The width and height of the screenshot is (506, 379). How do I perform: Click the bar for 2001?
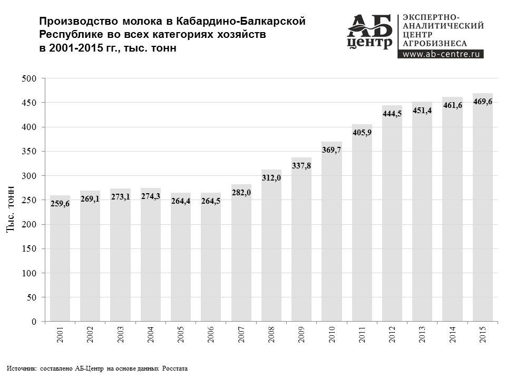point(60,258)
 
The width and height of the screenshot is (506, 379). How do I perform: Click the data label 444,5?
point(392,113)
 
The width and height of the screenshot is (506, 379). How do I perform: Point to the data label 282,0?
point(241,193)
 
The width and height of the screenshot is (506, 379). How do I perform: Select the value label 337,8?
point(301,166)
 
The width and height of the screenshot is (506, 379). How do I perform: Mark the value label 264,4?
point(181,201)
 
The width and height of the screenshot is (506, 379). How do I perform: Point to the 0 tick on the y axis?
point(34,321)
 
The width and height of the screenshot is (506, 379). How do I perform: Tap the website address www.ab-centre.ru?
point(443,53)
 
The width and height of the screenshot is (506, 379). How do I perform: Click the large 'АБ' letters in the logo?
point(370,24)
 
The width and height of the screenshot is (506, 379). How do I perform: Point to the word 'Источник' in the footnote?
point(22,368)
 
